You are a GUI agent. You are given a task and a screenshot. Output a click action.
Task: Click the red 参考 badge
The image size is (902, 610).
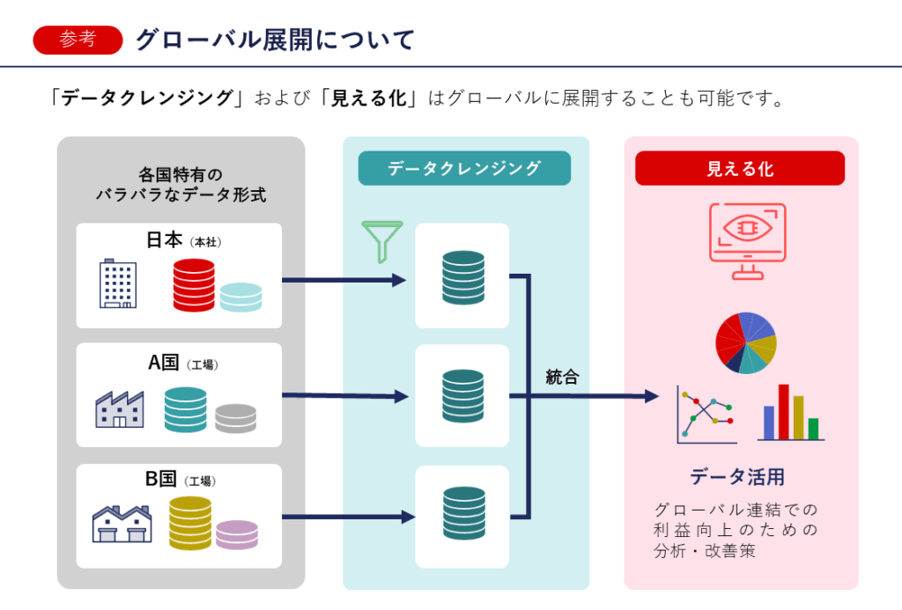[78, 40]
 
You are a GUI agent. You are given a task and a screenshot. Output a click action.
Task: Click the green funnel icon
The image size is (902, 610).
[381, 240]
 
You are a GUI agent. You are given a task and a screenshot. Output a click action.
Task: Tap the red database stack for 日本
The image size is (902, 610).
[194, 285]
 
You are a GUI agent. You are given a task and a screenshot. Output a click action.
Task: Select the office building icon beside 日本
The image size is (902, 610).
[118, 283]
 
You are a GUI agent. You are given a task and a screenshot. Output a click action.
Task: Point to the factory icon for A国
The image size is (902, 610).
[119, 408]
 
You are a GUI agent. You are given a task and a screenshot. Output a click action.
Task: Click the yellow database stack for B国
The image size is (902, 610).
[190, 523]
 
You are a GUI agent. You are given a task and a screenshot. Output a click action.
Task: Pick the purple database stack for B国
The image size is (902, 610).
[237, 534]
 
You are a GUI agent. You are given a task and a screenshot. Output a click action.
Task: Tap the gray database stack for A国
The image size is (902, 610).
[235, 417]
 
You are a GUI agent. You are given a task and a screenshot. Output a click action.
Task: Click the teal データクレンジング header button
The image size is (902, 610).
[464, 168]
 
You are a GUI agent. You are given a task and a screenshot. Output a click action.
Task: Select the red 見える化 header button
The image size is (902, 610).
[740, 168]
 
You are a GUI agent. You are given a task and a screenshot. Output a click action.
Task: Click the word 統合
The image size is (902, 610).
[562, 378]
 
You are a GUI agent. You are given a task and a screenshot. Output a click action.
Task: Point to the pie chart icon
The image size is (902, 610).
[745, 342]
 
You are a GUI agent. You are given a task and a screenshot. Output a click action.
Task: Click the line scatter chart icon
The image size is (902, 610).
[706, 414]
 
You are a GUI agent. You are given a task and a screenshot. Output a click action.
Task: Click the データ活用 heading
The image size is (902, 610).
[737, 477]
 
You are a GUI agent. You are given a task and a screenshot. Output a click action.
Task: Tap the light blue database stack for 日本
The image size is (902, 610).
[240, 297]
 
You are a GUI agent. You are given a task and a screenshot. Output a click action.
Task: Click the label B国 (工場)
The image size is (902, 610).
[180, 480]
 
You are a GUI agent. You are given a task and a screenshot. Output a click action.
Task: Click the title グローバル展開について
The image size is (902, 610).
[274, 40]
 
